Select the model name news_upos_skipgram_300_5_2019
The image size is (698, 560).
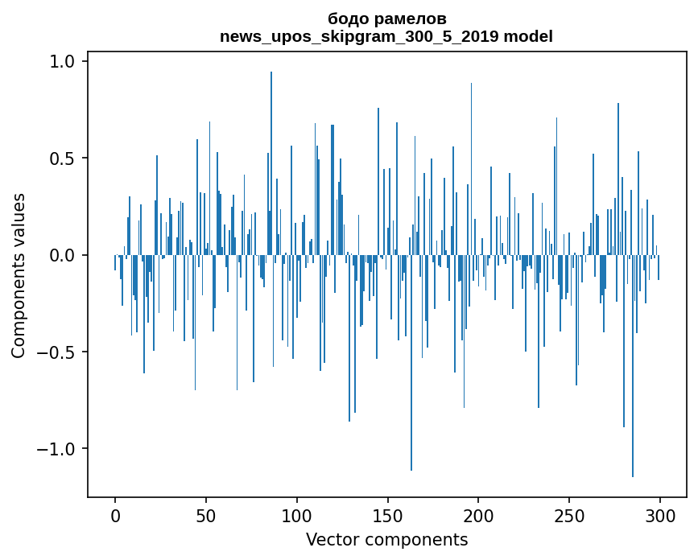pyautogui.click(x=359, y=36)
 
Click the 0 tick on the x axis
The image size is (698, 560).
pyautogui.click(x=115, y=517)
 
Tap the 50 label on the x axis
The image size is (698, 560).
pyautogui.click(x=205, y=517)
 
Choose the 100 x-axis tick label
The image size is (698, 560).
pyautogui.click(x=296, y=517)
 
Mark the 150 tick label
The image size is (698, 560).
pyautogui.click(x=387, y=517)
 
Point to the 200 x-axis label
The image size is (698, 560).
pyautogui.click(x=478, y=517)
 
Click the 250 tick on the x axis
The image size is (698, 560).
pyautogui.click(x=569, y=517)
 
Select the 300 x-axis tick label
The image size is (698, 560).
pyautogui.click(x=660, y=517)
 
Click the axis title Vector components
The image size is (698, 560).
pyautogui.click(x=386, y=540)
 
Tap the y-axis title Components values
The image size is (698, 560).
pyautogui.click(x=18, y=276)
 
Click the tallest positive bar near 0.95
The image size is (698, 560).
pyautogui.click(x=271, y=163)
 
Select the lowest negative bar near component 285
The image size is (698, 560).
pyautogui.click(x=633, y=366)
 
